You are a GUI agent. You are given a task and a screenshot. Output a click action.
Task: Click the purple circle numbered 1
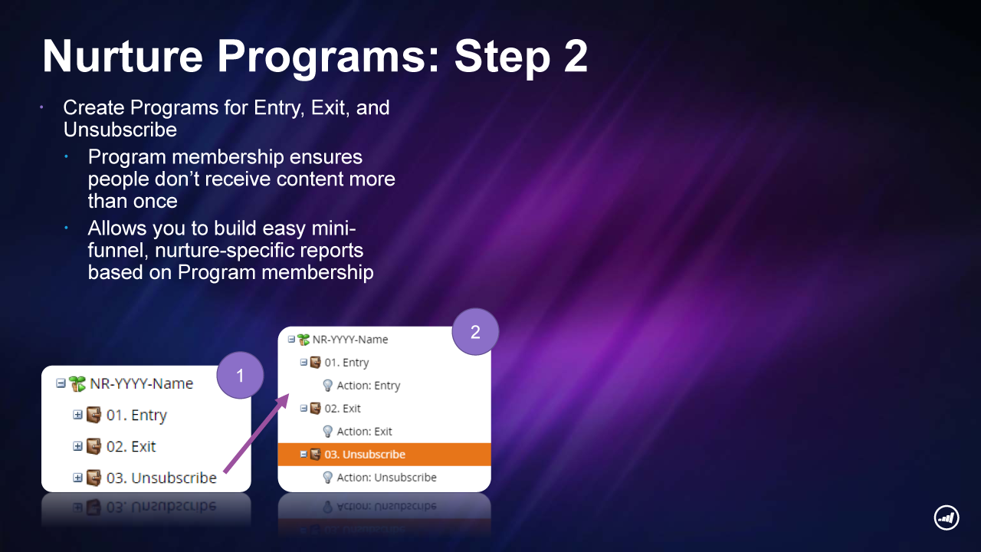[x=240, y=376]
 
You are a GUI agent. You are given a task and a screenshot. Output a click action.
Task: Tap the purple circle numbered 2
[x=475, y=332]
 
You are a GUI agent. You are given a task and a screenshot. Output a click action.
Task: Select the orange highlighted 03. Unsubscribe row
[x=384, y=455]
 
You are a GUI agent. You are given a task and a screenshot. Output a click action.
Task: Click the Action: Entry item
[x=369, y=386]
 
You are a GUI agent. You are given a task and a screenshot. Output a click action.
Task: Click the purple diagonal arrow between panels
[x=257, y=433]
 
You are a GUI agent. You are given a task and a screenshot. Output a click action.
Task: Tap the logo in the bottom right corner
[x=947, y=517]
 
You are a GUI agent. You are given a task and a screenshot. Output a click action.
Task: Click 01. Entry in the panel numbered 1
[x=136, y=415]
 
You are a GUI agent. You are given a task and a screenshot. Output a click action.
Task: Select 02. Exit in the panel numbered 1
[x=131, y=446]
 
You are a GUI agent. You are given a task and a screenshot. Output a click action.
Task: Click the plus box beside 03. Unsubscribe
[x=77, y=478]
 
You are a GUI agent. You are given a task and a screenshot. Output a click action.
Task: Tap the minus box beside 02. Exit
[x=303, y=409]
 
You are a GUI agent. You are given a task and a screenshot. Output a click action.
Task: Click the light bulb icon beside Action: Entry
[x=327, y=386]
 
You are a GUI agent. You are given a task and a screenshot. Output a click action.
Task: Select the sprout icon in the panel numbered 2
[x=303, y=340]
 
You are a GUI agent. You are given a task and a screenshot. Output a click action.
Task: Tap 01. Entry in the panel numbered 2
[x=346, y=363]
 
